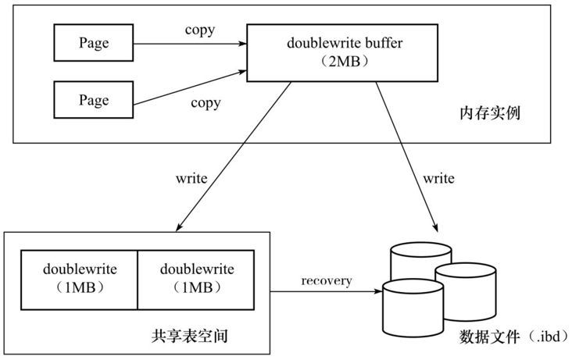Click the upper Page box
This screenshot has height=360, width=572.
[x=93, y=43]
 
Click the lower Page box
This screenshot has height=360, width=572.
[x=93, y=101]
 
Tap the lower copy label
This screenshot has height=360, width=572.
[x=206, y=102]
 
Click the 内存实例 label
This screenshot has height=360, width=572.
[x=490, y=114]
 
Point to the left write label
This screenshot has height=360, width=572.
[x=191, y=178]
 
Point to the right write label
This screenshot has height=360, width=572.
[x=438, y=178]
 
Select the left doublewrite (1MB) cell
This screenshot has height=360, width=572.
[x=80, y=278]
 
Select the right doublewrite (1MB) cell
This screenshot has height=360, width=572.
[x=196, y=278]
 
